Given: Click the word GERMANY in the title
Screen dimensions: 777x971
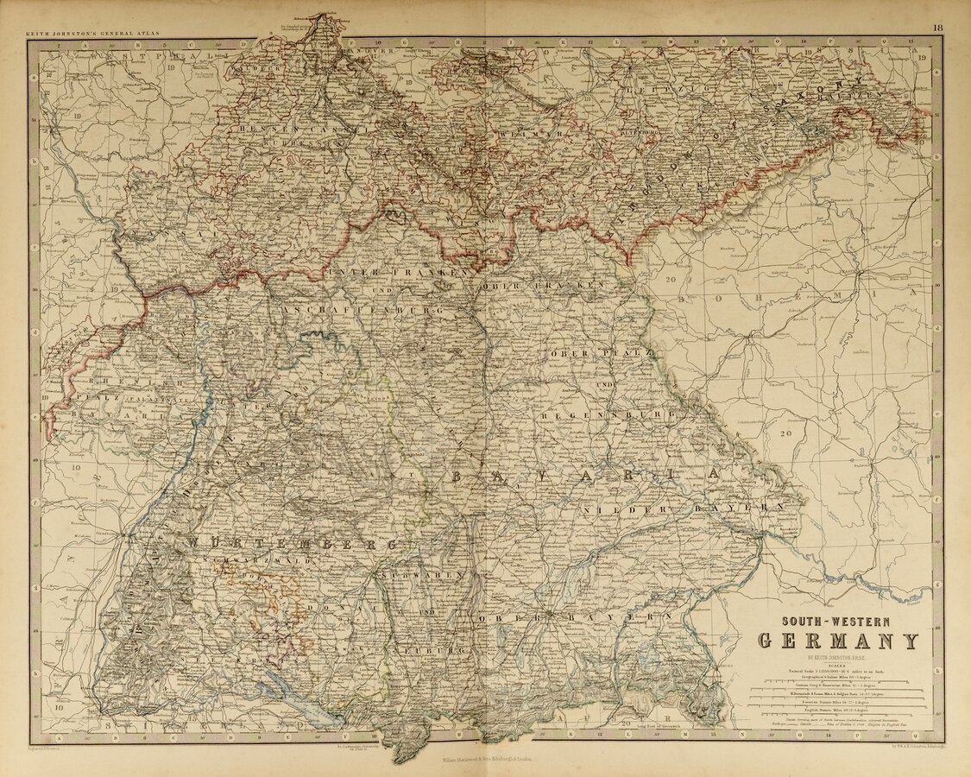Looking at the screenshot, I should click(x=837, y=641).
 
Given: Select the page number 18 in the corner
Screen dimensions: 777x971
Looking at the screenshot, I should click(x=937, y=28).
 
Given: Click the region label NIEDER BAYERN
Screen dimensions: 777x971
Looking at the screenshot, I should click(x=682, y=510).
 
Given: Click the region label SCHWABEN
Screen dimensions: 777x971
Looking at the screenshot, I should click(x=422, y=574).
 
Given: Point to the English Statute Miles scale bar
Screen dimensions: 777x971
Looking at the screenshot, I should click(x=837, y=716).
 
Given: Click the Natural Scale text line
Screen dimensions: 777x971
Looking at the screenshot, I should click(x=837, y=671).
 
